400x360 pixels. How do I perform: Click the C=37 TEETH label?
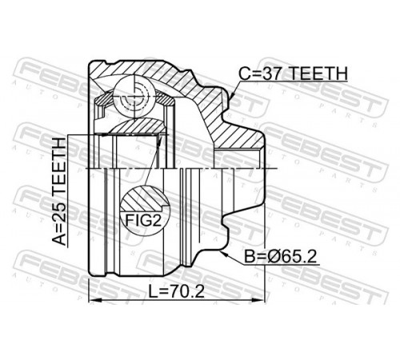293,74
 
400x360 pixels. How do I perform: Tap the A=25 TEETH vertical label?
58,191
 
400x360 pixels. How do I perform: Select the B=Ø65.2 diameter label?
281,257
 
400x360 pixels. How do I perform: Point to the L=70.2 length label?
176,291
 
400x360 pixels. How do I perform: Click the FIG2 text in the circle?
143,220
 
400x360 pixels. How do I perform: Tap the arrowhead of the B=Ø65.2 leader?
226,254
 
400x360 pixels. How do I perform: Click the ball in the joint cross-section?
134,96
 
